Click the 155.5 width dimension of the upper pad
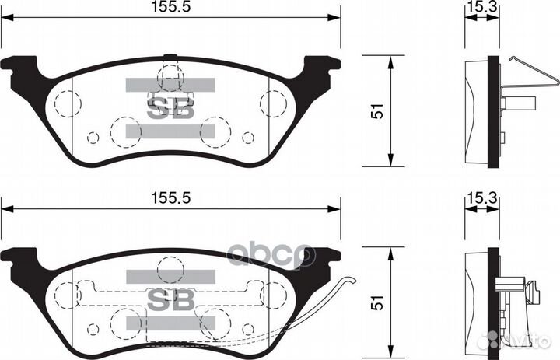[170, 8]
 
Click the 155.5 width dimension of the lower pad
[170, 199]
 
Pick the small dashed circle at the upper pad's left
[93, 138]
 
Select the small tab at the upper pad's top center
[170, 56]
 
